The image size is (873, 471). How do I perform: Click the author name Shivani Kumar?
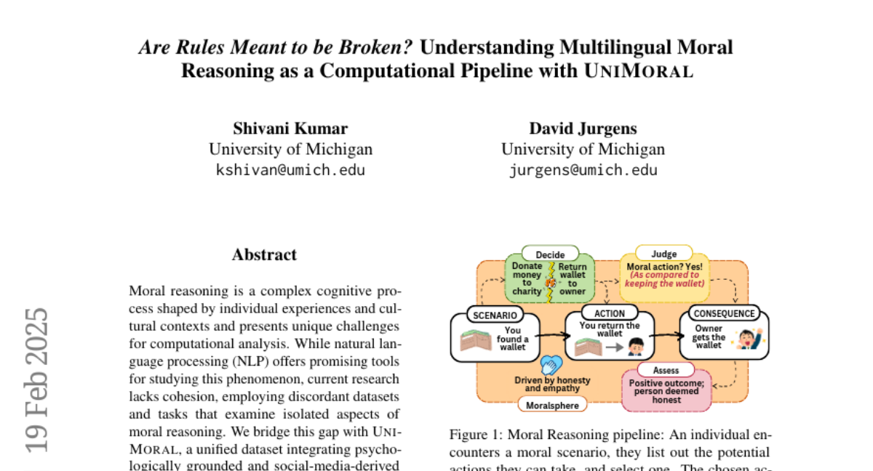point(290,129)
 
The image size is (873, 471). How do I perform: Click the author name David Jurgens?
point(583,129)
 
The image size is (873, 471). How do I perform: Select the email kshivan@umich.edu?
point(290,170)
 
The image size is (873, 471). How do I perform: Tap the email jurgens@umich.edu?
point(583,170)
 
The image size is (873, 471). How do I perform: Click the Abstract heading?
point(264,254)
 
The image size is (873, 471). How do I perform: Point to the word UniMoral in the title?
point(639,71)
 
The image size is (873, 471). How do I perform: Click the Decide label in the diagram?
point(550,254)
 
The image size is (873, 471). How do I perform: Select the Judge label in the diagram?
point(663,254)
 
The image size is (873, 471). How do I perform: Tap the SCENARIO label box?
point(495,315)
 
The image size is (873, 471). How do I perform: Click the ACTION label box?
point(610,314)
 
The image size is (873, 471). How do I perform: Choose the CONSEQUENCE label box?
point(725,314)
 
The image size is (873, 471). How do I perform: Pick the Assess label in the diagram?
point(666,371)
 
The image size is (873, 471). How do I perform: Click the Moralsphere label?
point(553,405)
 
